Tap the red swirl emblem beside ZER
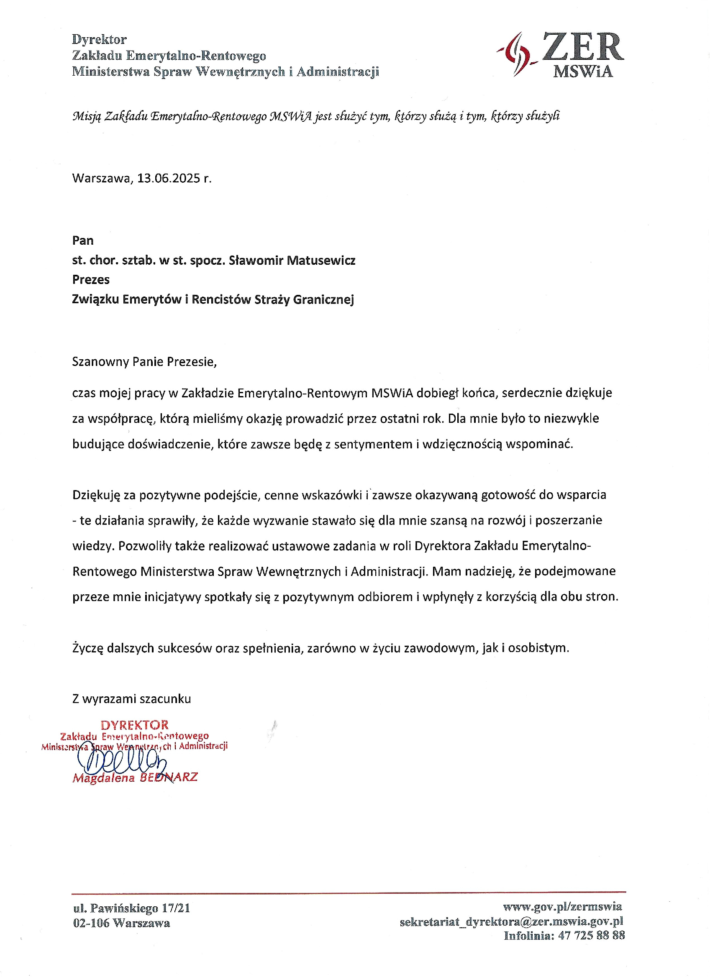[517, 54]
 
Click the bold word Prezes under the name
[91, 279]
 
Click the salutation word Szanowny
[100, 361]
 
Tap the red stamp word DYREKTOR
[134, 725]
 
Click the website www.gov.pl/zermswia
[562, 907]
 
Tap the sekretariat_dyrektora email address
[511, 921]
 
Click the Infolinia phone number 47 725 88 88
[591, 936]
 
